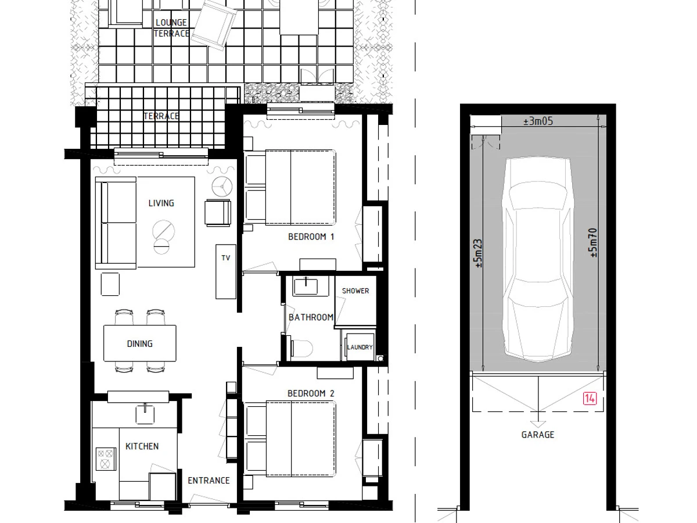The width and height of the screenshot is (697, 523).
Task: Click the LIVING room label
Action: (161, 203)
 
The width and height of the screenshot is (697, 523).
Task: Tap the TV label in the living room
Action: (226, 258)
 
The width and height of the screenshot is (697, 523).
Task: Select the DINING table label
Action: (140, 343)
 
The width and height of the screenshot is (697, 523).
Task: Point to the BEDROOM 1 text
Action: (311, 237)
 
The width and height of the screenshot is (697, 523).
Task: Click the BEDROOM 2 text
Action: (311, 393)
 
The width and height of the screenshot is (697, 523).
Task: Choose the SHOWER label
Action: (355, 291)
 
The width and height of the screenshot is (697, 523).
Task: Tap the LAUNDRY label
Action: (360, 347)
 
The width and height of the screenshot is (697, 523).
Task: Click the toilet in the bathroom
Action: (301, 348)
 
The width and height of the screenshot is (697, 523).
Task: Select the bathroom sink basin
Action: (306, 286)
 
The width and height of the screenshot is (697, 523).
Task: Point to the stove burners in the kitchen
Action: (106, 459)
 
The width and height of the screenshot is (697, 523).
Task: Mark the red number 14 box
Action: (590, 399)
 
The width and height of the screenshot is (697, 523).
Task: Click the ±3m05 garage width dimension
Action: (538, 121)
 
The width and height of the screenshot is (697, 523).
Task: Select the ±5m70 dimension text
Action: (593, 243)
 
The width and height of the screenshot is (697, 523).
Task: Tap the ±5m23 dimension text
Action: (478, 253)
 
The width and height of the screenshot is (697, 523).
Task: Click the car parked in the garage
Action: (538, 259)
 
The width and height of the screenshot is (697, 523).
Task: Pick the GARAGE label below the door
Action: (538, 435)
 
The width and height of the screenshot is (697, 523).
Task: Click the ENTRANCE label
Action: (209, 481)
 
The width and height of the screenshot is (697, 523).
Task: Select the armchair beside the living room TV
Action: (218, 213)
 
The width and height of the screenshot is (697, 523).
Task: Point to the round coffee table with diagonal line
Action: (163, 231)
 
